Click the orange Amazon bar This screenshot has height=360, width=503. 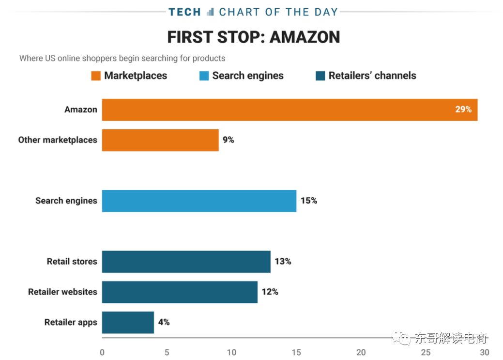(290, 110)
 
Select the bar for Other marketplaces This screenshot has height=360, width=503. (160, 140)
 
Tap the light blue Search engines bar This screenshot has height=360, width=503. (199, 201)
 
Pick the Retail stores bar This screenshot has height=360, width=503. (186, 262)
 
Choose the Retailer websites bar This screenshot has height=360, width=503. (180, 292)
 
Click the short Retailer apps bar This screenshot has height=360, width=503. (128, 322)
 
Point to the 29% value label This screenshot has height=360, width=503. (463, 110)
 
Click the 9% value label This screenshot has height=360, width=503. (228, 140)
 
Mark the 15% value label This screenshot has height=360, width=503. (308, 201)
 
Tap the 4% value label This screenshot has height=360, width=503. (164, 322)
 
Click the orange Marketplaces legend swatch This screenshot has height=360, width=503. (96, 76)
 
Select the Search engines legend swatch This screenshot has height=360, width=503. (204, 76)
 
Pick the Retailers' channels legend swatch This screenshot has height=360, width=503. (320, 76)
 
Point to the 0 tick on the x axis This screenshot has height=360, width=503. (102, 352)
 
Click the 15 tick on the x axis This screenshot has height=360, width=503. (296, 352)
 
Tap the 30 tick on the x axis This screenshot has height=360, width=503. (484, 352)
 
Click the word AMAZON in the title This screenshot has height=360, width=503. (304, 37)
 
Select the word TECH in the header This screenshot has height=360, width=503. (184, 12)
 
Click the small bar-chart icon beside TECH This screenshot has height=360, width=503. (210, 12)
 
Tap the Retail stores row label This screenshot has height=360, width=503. (72, 262)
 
